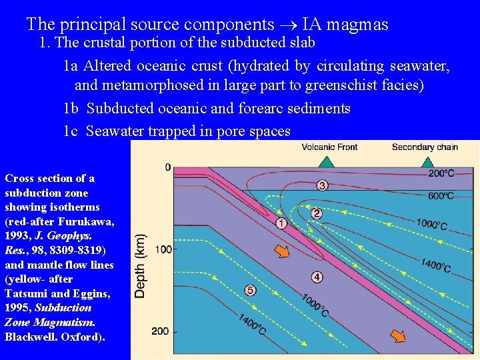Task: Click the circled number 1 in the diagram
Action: (281, 223)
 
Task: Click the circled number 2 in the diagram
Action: (317, 213)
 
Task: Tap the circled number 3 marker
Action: (322, 185)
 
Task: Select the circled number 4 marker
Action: (317, 277)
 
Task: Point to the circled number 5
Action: (251, 290)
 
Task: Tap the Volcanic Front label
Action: (329, 147)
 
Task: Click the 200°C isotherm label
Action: (441, 173)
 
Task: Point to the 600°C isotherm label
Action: (441, 196)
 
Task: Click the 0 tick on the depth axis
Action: (168, 167)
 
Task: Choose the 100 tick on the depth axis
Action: (163, 249)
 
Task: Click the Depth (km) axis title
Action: (141, 265)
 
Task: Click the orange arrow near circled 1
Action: (283, 251)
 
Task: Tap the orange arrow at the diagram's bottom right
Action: (397, 336)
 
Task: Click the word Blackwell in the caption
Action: (31, 337)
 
